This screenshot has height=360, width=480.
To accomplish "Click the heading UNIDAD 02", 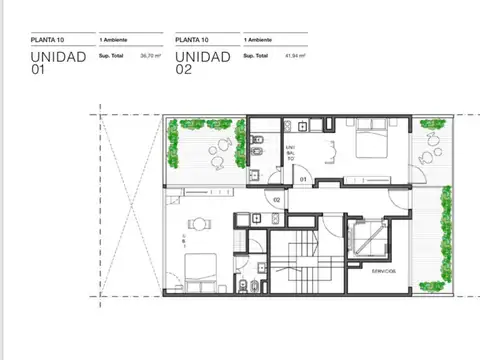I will pos(201,63).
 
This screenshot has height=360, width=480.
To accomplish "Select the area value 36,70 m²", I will pos(150,56).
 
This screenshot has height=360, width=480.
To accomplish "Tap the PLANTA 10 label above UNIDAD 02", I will pos(191,40).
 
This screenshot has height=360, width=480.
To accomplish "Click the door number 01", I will pos(302,180).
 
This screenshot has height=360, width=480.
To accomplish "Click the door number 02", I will pos(277,199).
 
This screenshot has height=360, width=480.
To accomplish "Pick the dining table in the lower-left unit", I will pos(201,226).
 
